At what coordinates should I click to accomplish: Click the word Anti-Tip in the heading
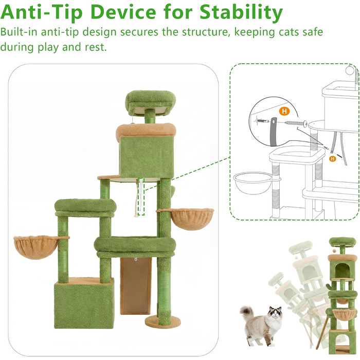tap(41, 12)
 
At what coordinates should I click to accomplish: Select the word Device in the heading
tap(123, 12)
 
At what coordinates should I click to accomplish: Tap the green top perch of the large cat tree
tap(150, 100)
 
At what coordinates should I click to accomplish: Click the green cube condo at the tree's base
tap(84, 302)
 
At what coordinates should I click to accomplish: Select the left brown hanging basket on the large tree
tap(36, 246)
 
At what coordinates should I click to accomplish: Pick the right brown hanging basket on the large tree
tap(191, 218)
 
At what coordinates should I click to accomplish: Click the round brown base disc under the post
tap(159, 321)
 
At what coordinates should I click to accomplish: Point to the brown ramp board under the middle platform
tap(135, 285)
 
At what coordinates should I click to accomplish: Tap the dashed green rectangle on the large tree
tap(141, 197)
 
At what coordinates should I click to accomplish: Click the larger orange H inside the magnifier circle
tap(284, 111)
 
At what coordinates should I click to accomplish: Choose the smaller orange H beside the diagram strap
tap(332, 158)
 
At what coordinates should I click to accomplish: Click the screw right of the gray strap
tap(296, 123)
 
